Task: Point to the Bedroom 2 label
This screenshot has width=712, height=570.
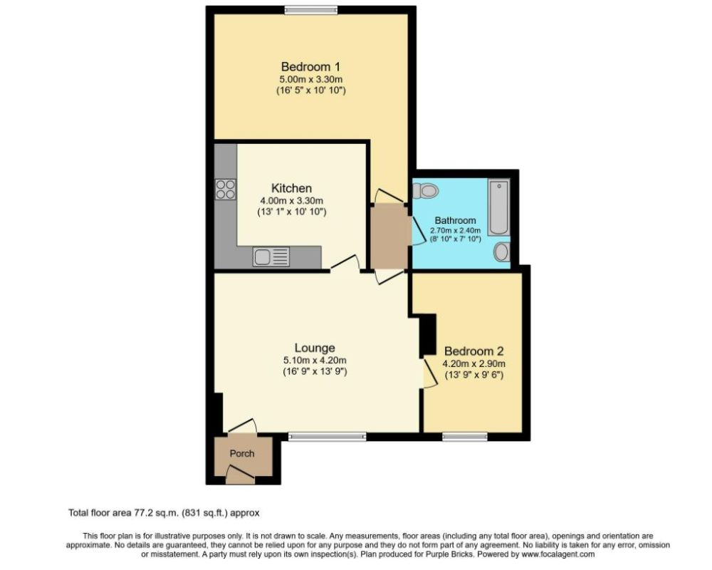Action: click(x=473, y=351)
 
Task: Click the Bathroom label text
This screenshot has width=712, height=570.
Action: click(x=456, y=220)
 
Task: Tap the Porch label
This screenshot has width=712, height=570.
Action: click(x=241, y=453)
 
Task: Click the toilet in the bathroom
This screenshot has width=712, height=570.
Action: click(x=426, y=190)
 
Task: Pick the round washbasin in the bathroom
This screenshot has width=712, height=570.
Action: click(x=502, y=252)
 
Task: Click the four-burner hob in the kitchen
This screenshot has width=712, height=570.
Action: click(x=226, y=189)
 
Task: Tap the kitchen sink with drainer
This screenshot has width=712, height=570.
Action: click(x=271, y=256)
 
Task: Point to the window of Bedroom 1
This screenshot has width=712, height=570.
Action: click(x=310, y=9)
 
